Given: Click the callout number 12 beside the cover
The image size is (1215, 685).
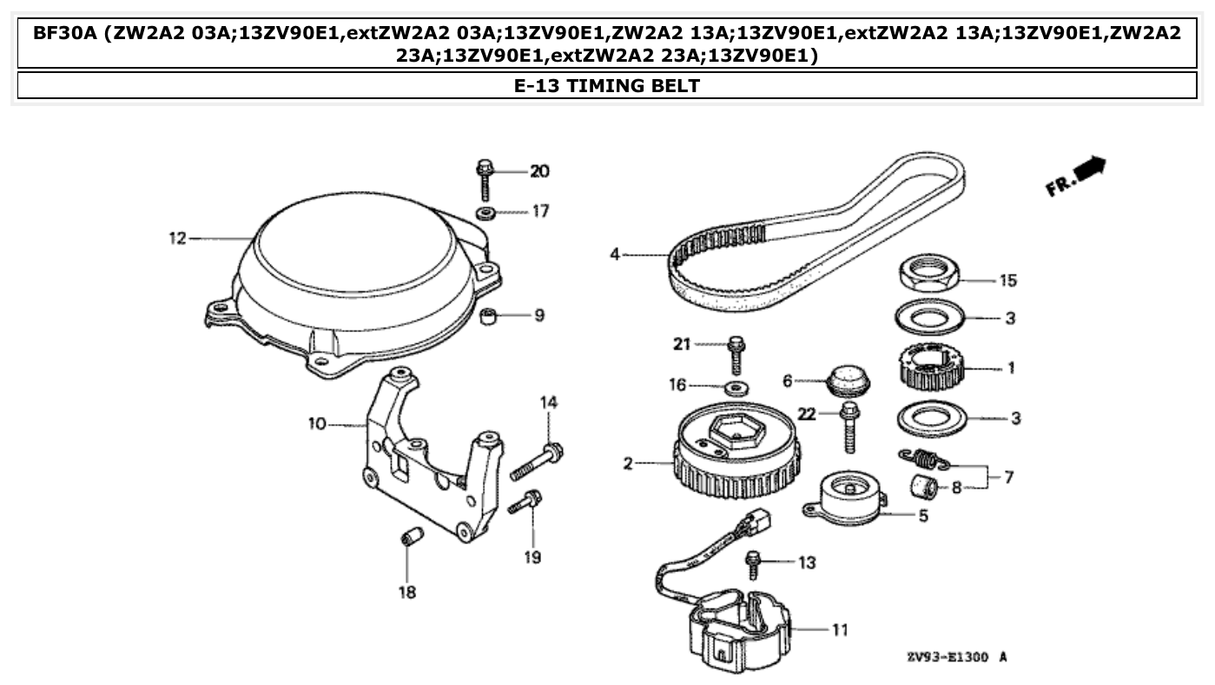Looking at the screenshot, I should [177, 238].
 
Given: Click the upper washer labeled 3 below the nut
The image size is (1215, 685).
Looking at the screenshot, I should [928, 317].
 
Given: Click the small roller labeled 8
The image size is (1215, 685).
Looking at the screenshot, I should [923, 489].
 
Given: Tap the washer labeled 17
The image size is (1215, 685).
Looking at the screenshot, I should [486, 213].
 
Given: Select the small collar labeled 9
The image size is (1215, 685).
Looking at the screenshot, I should [492, 315].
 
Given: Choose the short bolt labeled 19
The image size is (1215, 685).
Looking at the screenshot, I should [526, 502].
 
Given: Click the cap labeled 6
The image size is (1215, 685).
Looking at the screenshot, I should [848, 380].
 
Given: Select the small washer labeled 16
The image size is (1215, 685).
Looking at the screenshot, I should [737, 386].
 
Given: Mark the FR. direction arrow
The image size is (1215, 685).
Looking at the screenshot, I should [1078, 176].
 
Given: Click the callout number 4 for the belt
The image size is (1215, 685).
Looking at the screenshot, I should [615, 255].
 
